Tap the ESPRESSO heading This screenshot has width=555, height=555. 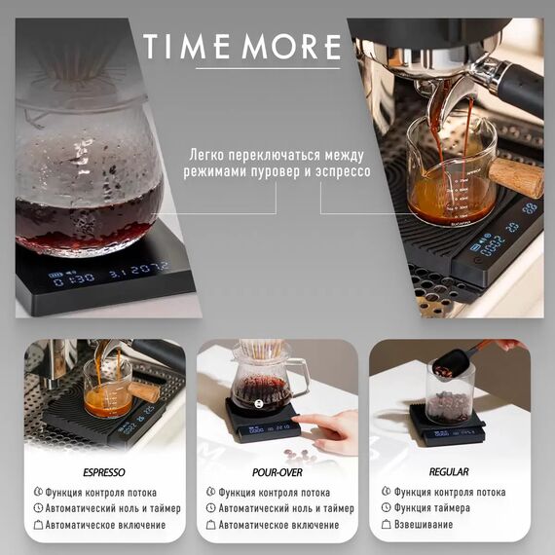tap(104, 472)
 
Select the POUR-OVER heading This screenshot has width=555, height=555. tap(278, 472)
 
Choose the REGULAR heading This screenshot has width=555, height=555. tap(448, 472)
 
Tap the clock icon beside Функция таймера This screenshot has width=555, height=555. tap(386, 508)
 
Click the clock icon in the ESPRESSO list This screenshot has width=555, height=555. tap(38, 508)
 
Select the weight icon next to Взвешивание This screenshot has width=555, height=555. tap(386, 525)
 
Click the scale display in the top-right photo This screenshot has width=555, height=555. tap(498, 238)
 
